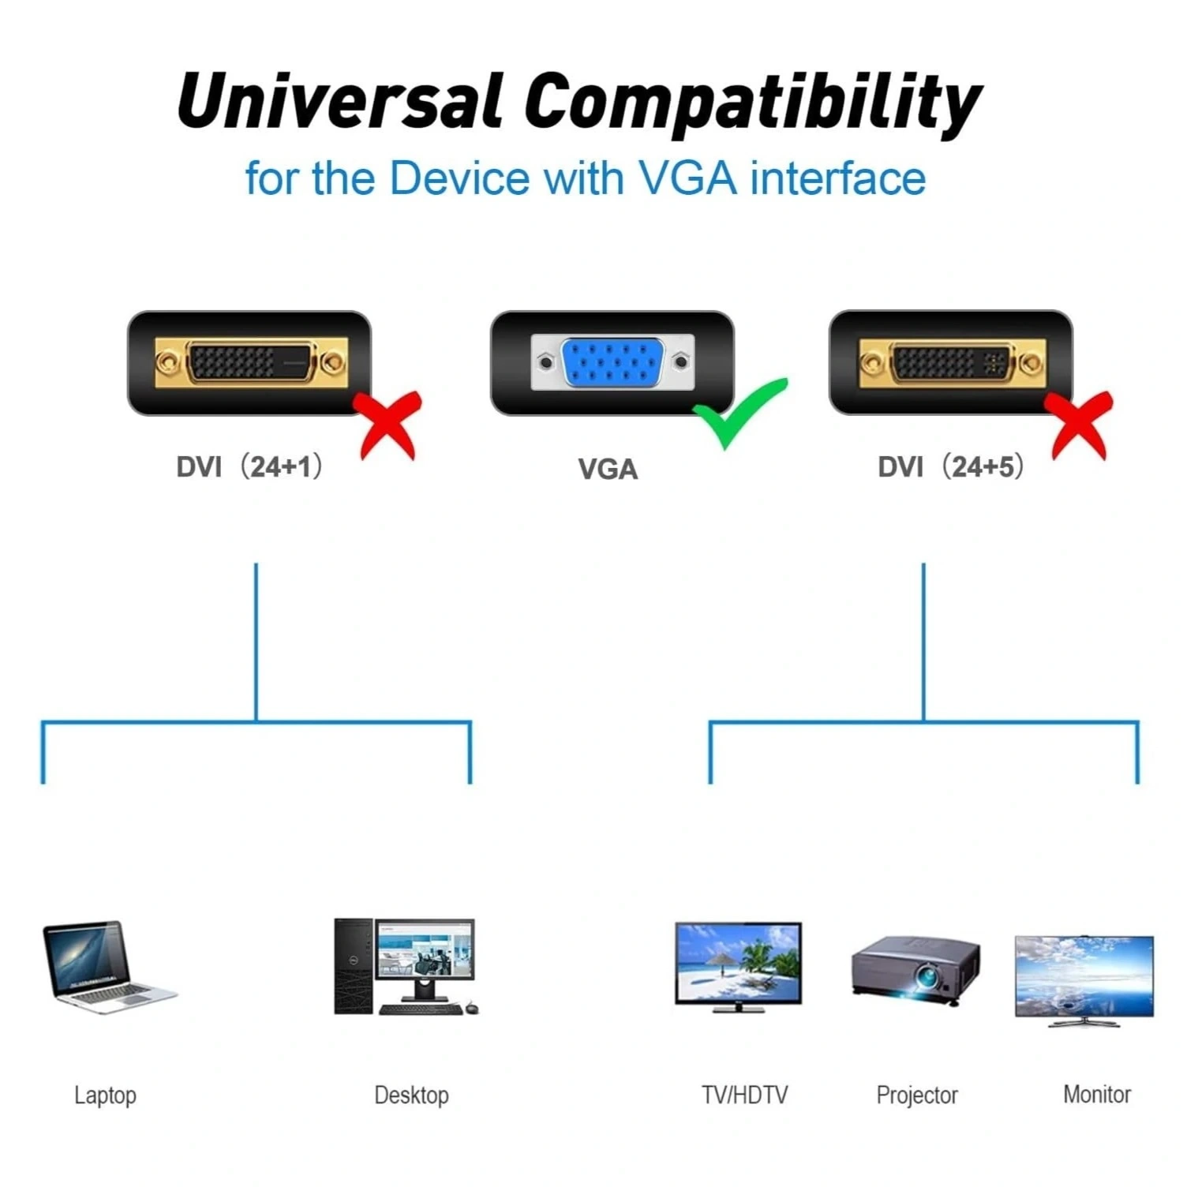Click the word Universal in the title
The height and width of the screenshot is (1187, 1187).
pos(339,100)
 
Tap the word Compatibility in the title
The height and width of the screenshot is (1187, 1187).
pos(753,105)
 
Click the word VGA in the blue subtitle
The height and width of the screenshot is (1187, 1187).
pos(687,178)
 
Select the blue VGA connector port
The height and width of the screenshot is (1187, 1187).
pos(612,362)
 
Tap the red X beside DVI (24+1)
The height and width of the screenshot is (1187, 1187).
pos(388,425)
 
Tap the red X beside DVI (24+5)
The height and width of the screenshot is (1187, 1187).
pos(1079,425)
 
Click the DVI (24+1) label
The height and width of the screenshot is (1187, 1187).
pos(249,466)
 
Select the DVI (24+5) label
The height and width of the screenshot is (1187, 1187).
pos(951,466)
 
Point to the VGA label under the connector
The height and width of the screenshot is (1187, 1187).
pos(608,470)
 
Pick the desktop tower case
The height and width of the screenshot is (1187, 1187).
pos(354,966)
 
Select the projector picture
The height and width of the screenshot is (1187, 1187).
pos(916,970)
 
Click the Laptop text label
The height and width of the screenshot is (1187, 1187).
pos(105,1095)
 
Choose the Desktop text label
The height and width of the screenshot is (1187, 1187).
pos(411,1095)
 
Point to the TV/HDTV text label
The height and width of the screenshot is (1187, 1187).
pos(744,1095)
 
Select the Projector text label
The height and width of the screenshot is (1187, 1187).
pos(917,1095)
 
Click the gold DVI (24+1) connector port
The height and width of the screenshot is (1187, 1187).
pos(251,362)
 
